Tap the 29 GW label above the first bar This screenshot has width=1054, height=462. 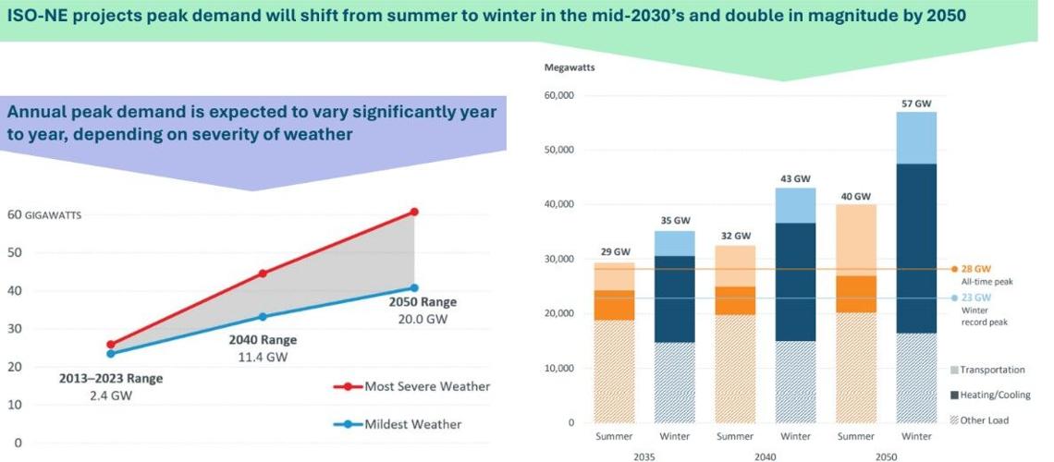coord(615,252)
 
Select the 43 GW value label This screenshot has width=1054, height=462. coord(795,177)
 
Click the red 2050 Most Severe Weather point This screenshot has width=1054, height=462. coord(414,212)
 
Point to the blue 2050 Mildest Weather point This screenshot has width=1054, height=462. coord(414,287)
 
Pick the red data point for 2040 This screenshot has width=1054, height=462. coord(263,273)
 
